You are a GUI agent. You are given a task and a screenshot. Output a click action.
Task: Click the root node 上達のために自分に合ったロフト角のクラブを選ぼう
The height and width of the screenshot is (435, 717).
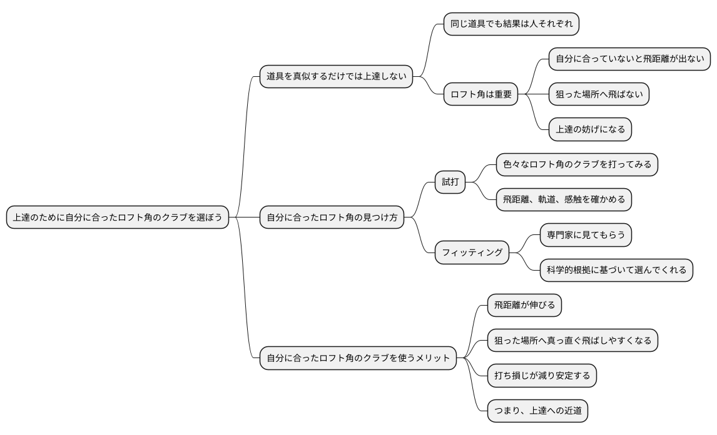click(118, 217)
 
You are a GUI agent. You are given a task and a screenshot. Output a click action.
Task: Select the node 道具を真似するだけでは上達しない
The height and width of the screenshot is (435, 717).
click(337, 76)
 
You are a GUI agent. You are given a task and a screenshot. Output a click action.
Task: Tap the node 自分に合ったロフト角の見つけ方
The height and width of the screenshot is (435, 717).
click(332, 217)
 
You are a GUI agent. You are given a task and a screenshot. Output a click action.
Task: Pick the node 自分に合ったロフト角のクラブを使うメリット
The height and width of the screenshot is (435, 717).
click(358, 358)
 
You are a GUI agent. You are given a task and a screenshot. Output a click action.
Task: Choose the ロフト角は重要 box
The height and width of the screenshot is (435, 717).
click(481, 94)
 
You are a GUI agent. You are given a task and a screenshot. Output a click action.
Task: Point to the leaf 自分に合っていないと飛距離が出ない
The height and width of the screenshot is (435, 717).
click(629, 59)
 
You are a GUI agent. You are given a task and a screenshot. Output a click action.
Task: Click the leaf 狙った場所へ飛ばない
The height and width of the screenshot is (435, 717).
click(599, 94)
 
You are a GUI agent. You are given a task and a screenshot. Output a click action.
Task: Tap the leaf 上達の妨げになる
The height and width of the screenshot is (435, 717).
click(590, 129)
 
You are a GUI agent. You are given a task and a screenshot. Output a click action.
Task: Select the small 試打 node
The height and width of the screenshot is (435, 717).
click(450, 182)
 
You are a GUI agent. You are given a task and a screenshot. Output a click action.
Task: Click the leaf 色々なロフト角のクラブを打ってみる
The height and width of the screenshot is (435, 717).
click(577, 164)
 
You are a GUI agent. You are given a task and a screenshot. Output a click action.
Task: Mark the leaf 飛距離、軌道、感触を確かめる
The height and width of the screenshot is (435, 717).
click(564, 200)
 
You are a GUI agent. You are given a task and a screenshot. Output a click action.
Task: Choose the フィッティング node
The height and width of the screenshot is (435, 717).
click(472, 252)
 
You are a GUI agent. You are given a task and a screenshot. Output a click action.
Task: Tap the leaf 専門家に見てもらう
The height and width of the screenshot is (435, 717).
click(586, 235)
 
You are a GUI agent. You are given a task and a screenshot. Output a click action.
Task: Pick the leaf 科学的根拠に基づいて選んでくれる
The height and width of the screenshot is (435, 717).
click(616, 270)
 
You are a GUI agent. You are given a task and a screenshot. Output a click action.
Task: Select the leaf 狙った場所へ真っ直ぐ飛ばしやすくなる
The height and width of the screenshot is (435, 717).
click(572, 341)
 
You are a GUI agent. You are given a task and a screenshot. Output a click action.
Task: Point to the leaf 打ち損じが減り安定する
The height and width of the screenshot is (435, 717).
click(542, 376)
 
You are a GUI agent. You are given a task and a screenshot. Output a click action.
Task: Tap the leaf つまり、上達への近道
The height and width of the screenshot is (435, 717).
click(537, 411)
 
